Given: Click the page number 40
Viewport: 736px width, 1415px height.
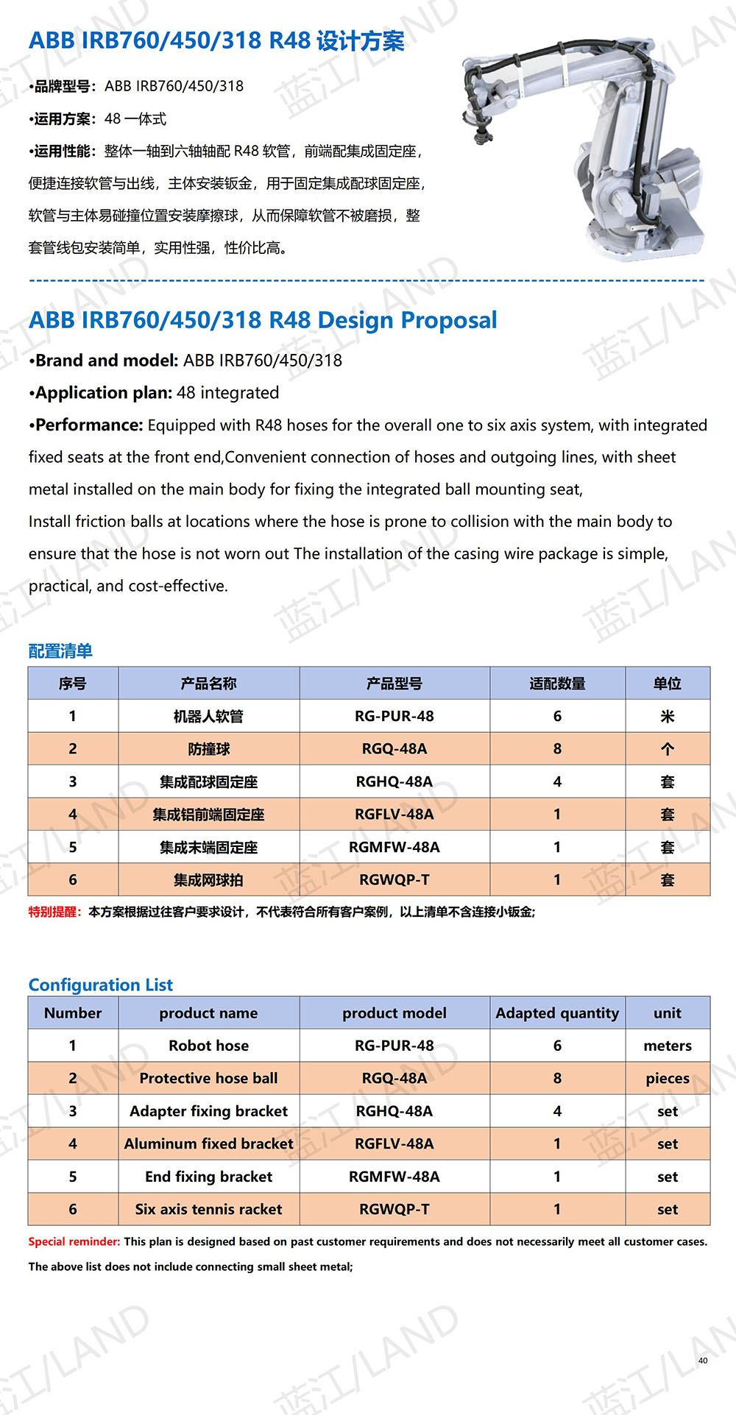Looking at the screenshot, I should click(x=703, y=1361).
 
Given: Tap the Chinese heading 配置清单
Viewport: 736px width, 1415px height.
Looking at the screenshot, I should click(x=60, y=650).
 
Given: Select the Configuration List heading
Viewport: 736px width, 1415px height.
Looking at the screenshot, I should click(x=101, y=985).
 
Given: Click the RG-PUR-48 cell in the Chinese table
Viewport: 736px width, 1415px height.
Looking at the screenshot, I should click(x=394, y=716).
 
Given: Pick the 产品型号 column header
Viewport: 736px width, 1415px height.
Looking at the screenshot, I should click(x=394, y=684).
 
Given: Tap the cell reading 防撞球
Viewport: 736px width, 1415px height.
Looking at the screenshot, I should click(x=209, y=749).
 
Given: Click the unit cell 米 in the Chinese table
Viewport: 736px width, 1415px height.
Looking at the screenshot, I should click(x=668, y=716).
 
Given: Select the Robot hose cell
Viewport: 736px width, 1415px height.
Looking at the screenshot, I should click(x=209, y=1046).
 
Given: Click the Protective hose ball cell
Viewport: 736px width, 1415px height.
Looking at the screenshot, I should click(x=209, y=1078).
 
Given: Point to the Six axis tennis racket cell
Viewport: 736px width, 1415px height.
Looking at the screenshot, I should click(x=209, y=1209).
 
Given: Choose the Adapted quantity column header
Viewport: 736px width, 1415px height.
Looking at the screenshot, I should click(x=557, y=1013).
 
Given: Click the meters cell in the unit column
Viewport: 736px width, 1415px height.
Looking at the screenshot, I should click(x=668, y=1046).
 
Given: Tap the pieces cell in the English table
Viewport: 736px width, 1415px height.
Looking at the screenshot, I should click(x=668, y=1078).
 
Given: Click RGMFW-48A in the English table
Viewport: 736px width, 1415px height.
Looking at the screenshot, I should click(x=394, y=1177).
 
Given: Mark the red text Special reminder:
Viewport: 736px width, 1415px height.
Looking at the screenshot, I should click(x=74, y=1241).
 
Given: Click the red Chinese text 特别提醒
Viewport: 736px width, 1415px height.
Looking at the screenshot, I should click(x=54, y=912).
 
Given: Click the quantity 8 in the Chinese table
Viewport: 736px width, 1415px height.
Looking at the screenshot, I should click(x=557, y=749).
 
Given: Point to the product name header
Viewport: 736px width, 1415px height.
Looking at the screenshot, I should click(x=209, y=1013).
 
